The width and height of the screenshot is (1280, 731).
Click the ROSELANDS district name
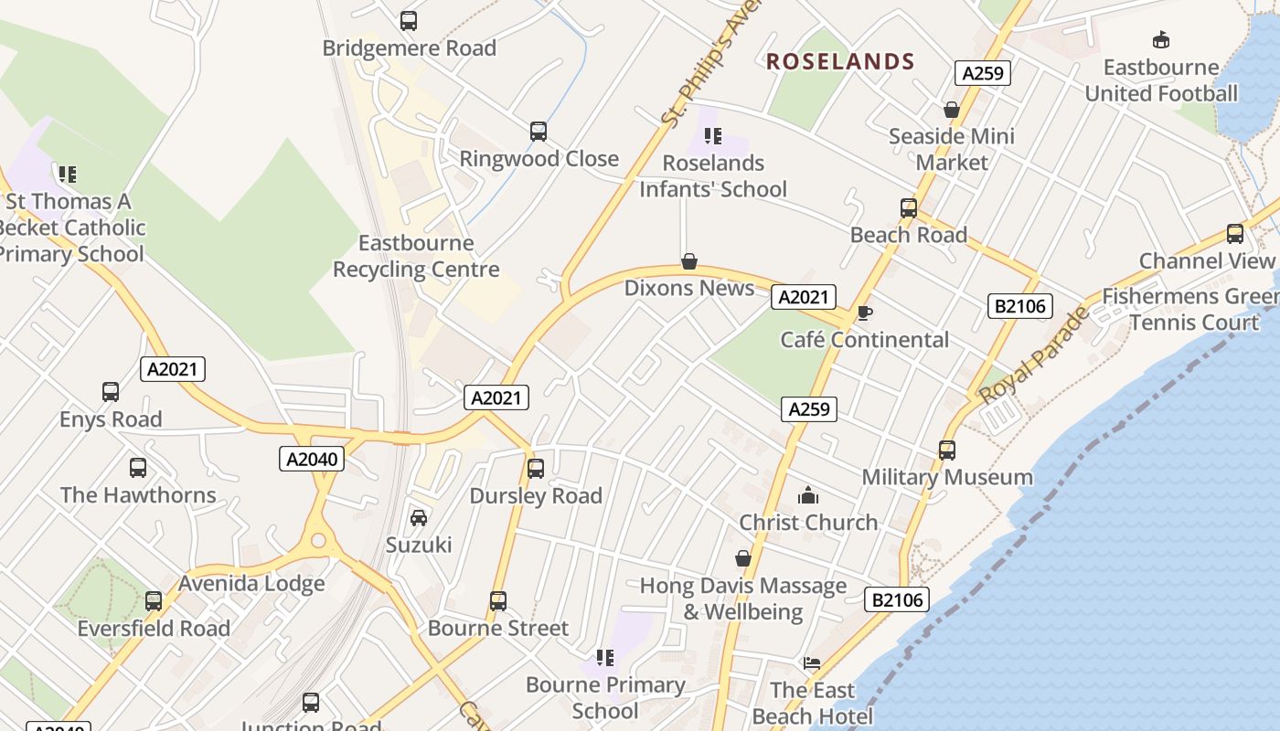(840, 61)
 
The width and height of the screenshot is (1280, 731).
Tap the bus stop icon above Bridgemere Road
(409, 20)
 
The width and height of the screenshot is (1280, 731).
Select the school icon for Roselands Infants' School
(713, 136)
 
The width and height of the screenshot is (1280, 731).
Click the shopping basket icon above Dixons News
(689, 262)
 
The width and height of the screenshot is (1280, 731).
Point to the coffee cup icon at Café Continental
(865, 313)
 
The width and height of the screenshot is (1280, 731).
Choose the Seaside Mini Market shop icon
(952, 110)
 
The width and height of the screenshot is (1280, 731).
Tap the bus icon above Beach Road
(908, 208)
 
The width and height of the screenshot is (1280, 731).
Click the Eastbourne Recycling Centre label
(416, 256)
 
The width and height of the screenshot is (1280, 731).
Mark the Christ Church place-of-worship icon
(808, 496)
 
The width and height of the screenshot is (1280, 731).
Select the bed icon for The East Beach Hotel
(811, 663)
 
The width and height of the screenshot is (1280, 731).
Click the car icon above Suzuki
(419, 518)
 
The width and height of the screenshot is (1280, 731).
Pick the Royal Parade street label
(1034, 355)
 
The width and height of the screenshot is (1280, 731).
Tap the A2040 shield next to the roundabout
(312, 459)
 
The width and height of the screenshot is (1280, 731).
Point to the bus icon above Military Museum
(947, 450)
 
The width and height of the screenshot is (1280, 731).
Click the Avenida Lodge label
(251, 583)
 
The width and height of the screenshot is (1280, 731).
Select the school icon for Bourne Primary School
(604, 658)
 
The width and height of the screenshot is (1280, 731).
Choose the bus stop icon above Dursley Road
(536, 469)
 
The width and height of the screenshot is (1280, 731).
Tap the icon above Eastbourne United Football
(1161, 40)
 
